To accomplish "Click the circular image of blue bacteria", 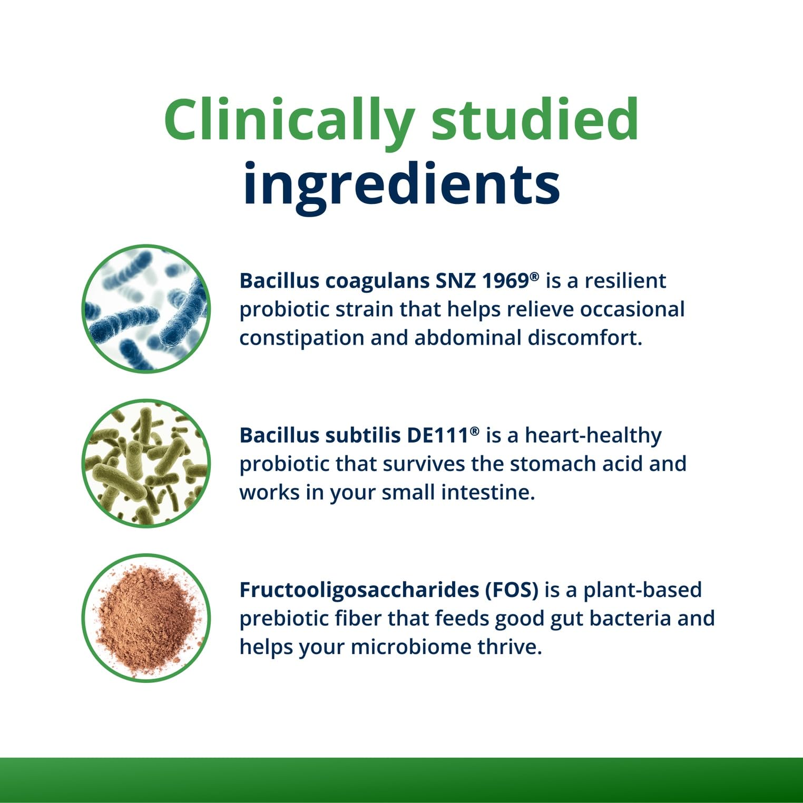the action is point(146,309).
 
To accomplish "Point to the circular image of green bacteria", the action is point(146,463).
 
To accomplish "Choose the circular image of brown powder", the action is point(146,618).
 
